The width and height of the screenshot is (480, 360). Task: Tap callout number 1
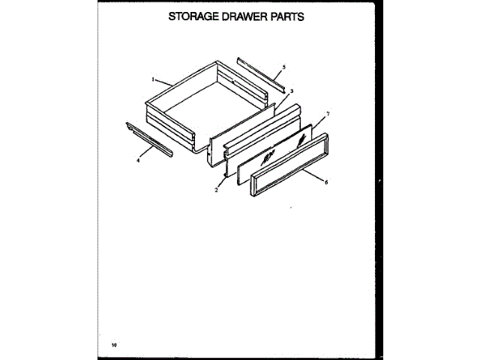click(153, 79)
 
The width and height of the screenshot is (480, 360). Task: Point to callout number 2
click(216, 190)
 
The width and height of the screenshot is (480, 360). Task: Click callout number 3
click(292, 91)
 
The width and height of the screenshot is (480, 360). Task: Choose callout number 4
click(138, 160)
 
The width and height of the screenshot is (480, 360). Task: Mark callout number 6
click(326, 181)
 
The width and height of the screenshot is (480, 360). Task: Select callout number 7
click(327, 113)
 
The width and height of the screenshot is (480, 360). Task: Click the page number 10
click(115, 345)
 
